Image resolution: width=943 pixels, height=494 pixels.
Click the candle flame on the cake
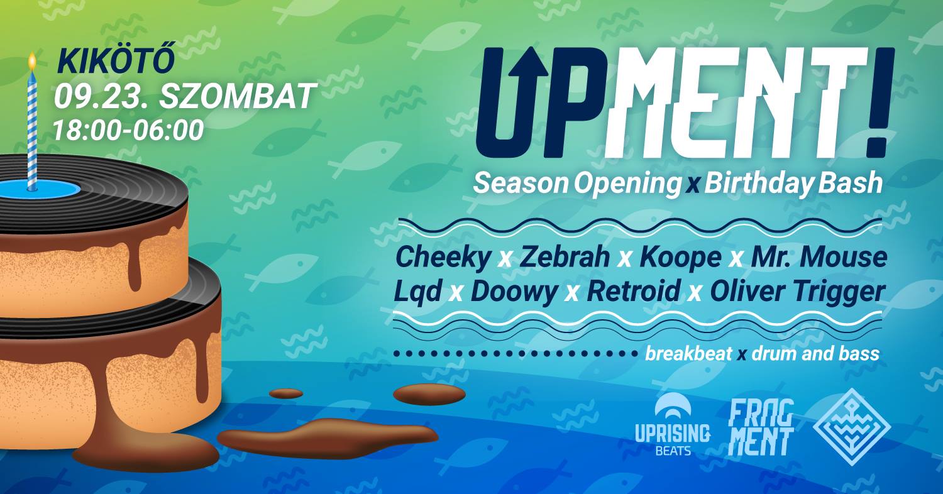[32, 62]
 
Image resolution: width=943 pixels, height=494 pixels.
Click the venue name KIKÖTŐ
[116, 62]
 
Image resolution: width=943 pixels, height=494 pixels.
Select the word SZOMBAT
[238, 96]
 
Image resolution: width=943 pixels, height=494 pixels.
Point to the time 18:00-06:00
[128, 130]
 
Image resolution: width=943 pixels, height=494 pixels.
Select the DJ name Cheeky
[443, 258]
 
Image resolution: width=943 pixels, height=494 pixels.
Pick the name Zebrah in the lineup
[565, 257]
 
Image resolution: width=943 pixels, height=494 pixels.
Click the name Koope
[680, 258]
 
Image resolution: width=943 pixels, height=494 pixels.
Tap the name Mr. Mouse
[819, 257]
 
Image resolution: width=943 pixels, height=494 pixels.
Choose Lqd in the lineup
[417, 292]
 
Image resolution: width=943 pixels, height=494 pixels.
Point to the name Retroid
[634, 291]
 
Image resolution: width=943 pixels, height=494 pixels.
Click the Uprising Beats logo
[672, 424]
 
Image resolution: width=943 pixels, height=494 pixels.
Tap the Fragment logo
[761, 427]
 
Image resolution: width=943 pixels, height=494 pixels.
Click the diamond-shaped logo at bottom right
[851, 427]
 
